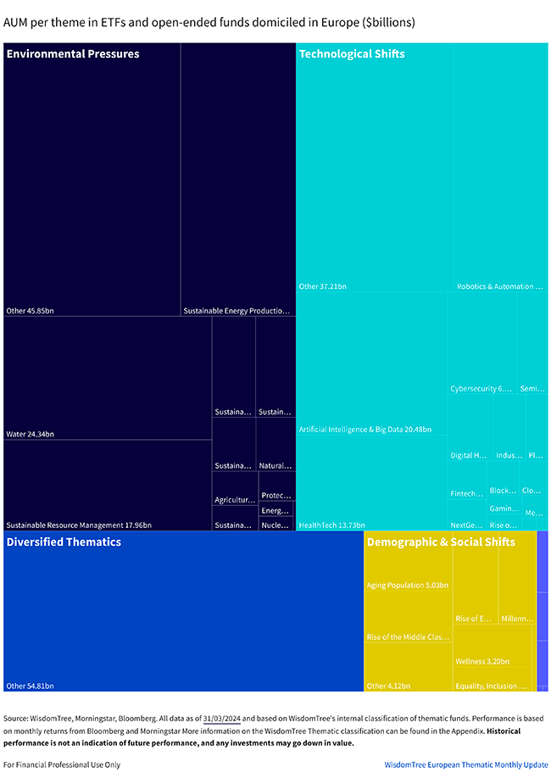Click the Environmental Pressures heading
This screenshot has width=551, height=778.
click(x=73, y=54)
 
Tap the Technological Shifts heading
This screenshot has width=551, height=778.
click(x=352, y=54)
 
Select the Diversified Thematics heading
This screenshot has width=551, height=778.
click(x=64, y=542)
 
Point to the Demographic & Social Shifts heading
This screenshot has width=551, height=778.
click(x=441, y=542)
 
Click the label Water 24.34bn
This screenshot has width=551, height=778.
click(x=30, y=434)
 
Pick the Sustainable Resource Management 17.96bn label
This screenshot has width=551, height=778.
click(x=79, y=525)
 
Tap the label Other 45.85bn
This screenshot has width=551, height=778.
click(x=28, y=311)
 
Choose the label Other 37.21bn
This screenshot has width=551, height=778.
click(x=323, y=286)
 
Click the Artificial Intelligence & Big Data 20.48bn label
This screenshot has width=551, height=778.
click(x=365, y=430)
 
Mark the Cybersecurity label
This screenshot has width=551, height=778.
click(x=481, y=389)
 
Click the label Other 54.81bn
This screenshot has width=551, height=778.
click(x=30, y=686)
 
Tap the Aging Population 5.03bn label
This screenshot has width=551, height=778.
click(x=408, y=586)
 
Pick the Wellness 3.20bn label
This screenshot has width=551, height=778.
click(x=482, y=661)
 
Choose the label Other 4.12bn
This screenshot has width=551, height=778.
click(x=388, y=686)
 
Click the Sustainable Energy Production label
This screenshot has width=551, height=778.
click(x=237, y=311)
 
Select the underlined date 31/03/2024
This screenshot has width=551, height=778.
click(x=222, y=717)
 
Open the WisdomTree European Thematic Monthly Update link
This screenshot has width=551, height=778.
click(x=466, y=764)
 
